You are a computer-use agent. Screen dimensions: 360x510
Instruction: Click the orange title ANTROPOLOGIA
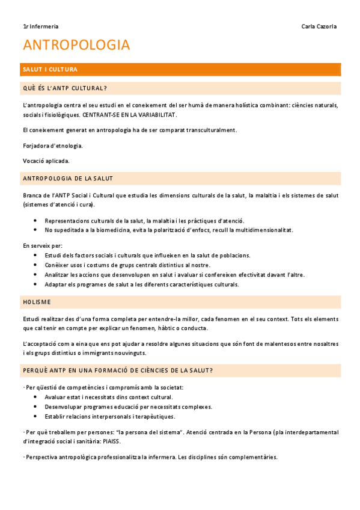pyautogui.click(x=76, y=45)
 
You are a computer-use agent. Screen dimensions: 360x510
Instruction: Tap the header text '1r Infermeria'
pyautogui.click(x=40, y=26)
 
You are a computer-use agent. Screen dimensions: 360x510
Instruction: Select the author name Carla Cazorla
pyautogui.click(x=319, y=26)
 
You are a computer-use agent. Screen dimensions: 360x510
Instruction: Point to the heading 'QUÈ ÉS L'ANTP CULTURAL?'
pyautogui.click(x=64, y=88)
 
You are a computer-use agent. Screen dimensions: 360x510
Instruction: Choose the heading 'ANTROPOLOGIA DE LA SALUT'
pyautogui.click(x=67, y=179)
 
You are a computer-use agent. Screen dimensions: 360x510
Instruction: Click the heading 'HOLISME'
pyautogui.click(x=37, y=301)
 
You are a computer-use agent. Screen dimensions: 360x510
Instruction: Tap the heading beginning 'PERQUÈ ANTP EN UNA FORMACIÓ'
pyautogui.click(x=118, y=370)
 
